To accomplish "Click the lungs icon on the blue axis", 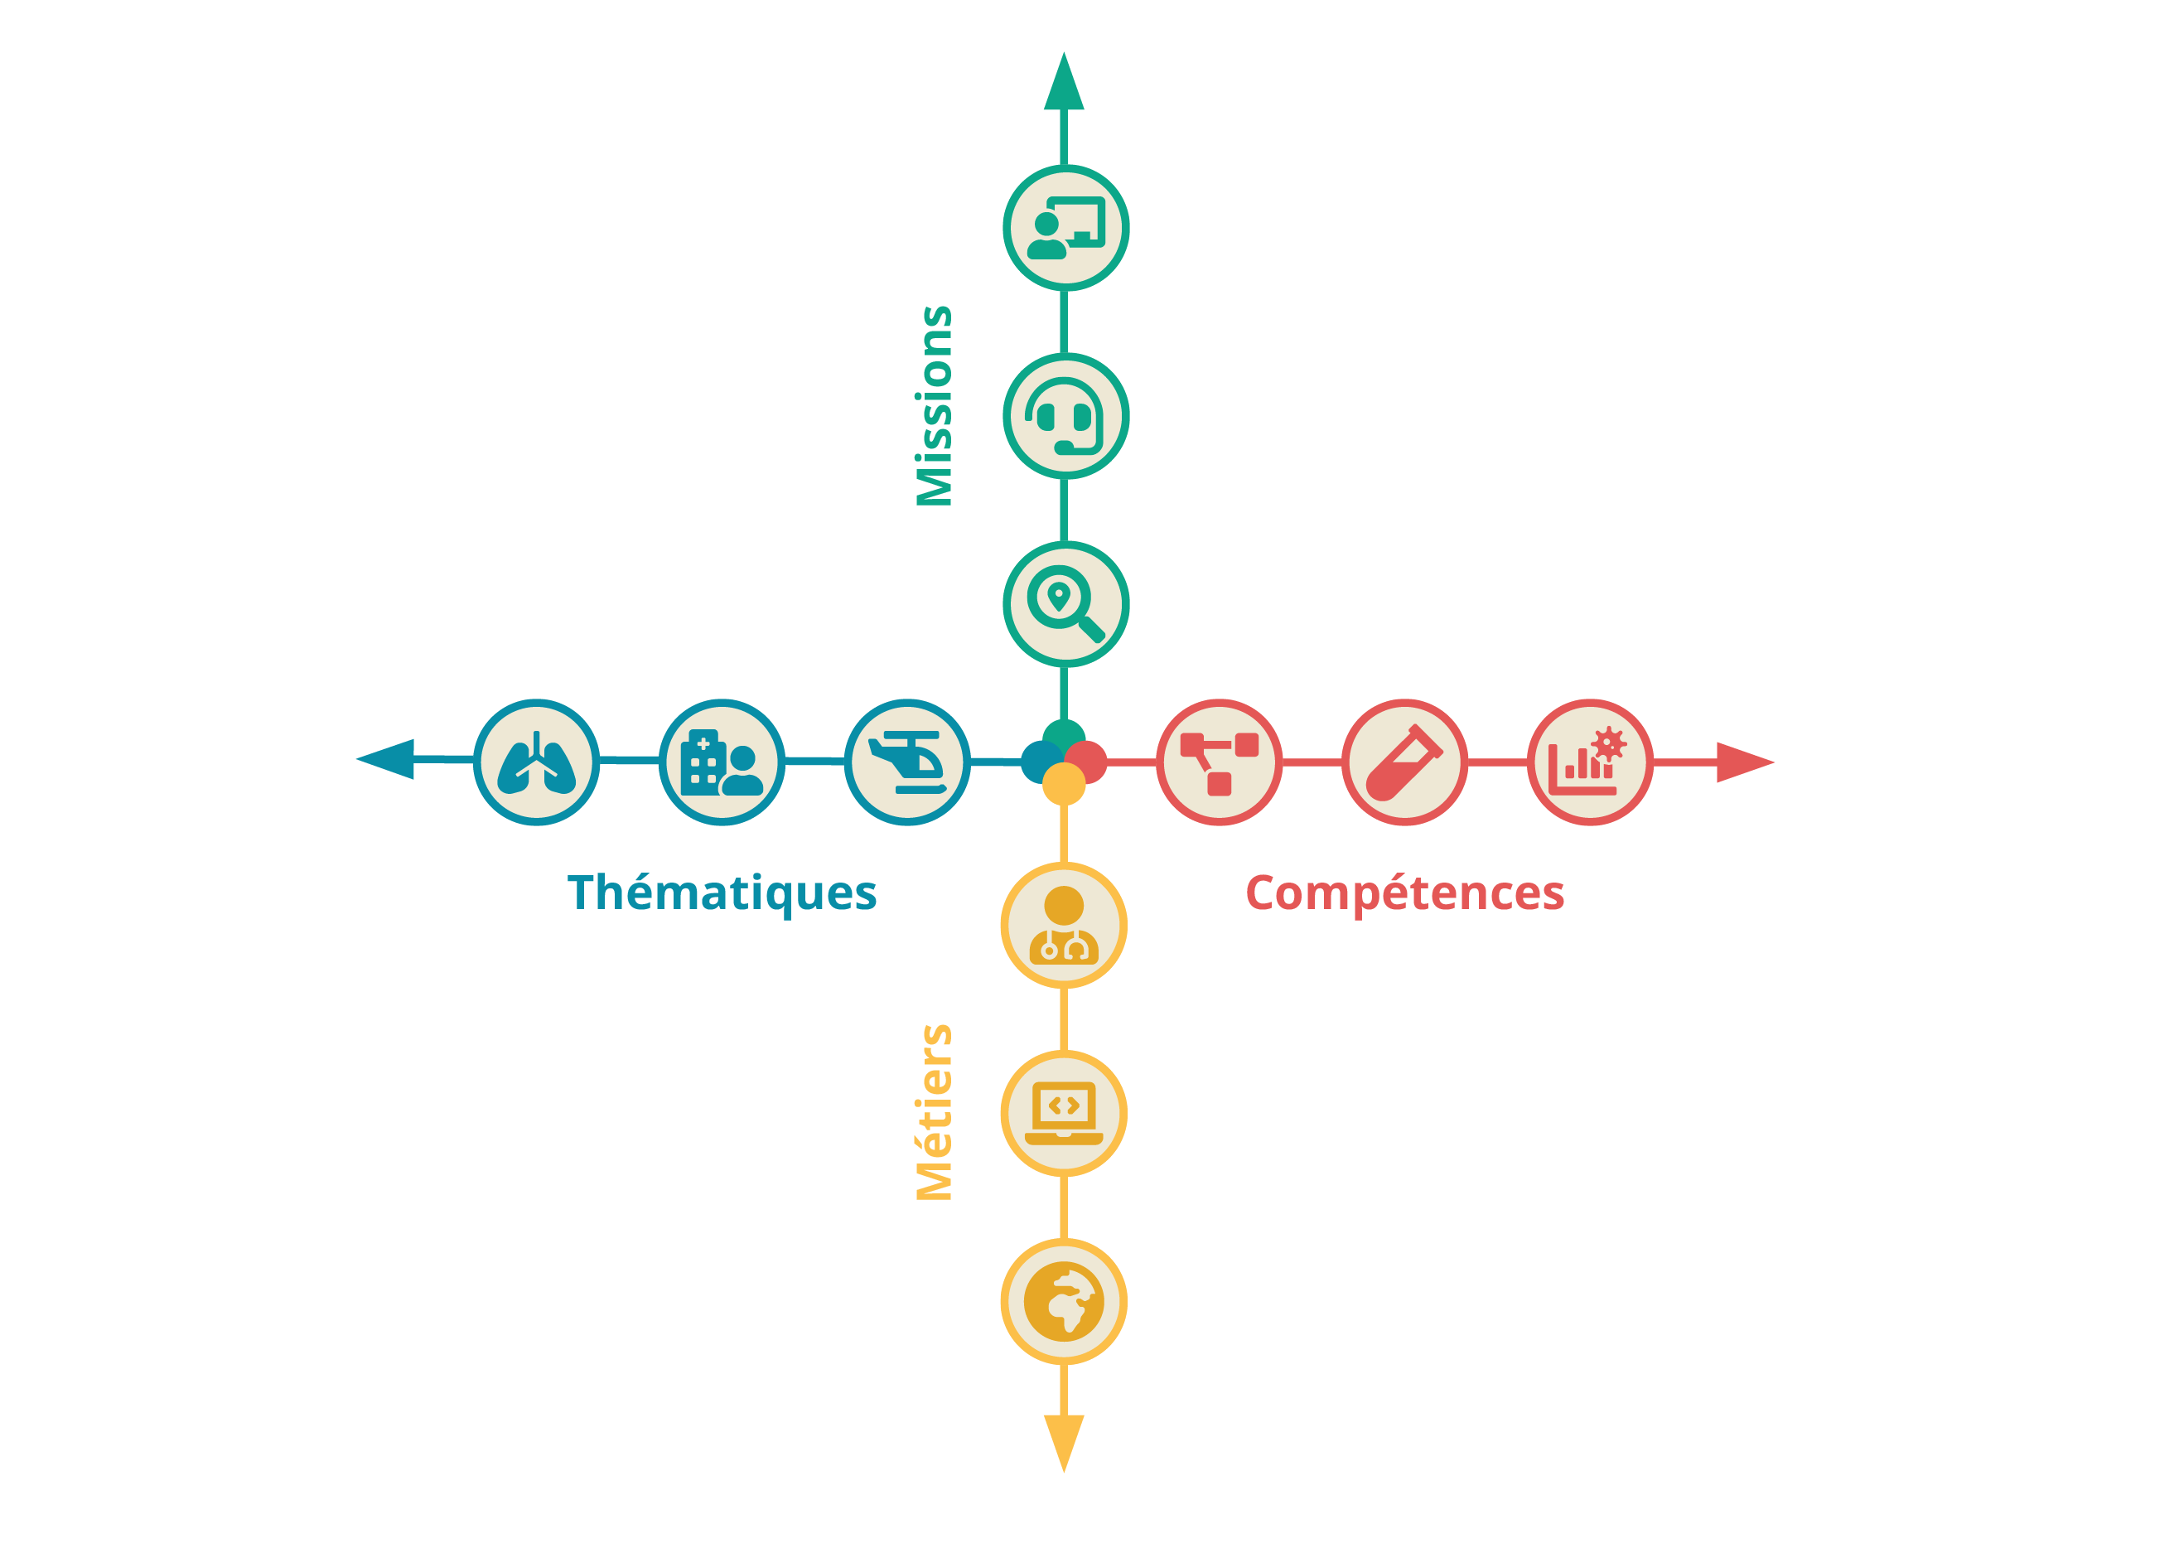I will click(536, 762).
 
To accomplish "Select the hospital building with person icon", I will click(722, 762).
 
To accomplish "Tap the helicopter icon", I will click(907, 762).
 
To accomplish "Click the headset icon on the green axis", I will click(1065, 416).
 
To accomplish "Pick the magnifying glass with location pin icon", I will click(1065, 603).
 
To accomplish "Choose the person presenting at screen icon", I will click(1065, 228).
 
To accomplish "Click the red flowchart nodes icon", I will click(1219, 762).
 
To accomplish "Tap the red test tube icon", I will click(1404, 762).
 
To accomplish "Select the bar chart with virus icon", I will click(1589, 762).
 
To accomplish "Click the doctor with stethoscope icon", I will click(1063, 926).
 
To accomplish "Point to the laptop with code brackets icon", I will click(1063, 1113).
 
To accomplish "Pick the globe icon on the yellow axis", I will click(1063, 1302).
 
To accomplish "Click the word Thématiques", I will click(722, 893).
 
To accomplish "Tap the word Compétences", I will click(1404, 893).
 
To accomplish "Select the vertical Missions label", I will click(934, 405).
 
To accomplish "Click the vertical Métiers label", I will click(934, 1112).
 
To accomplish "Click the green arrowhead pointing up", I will click(1063, 85).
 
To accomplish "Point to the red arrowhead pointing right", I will click(1742, 762).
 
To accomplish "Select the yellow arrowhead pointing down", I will click(1063, 1439).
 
